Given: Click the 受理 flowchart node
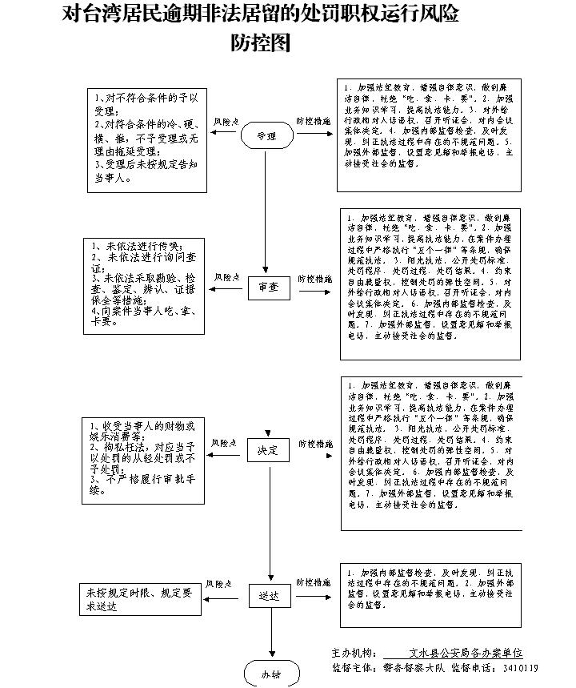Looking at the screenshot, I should tap(266, 136).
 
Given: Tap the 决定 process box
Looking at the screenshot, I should tap(267, 451).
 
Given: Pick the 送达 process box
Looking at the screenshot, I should tap(268, 597).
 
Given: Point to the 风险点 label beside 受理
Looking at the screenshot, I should tap(226, 121).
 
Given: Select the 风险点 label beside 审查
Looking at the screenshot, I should tap(226, 277).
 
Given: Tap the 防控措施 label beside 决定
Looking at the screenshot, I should tap(315, 443).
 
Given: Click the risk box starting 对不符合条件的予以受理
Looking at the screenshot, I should tap(147, 139).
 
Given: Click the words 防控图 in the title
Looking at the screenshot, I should tap(261, 43).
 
